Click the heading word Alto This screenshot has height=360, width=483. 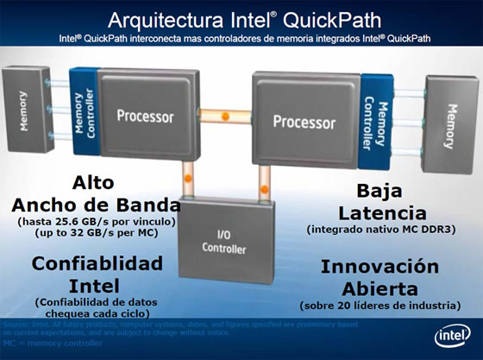(95, 183)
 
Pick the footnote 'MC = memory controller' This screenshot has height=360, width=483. (53, 344)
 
